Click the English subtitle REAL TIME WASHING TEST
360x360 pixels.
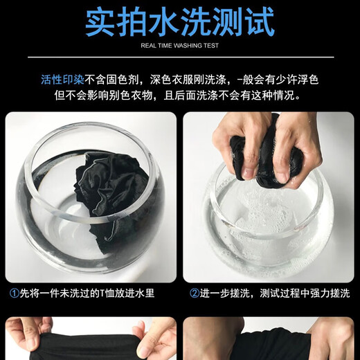click(179, 46)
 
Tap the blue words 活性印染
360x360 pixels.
click(62, 80)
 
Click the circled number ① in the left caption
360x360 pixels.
click(14, 294)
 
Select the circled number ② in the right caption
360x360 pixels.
click(195, 294)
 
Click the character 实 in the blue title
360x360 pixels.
click(100, 21)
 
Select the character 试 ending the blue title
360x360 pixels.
click(259, 21)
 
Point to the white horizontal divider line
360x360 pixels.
click(181, 57)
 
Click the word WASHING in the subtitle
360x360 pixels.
click(185, 46)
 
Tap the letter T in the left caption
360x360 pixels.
click(102, 294)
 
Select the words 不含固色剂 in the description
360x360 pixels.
click(111, 80)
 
